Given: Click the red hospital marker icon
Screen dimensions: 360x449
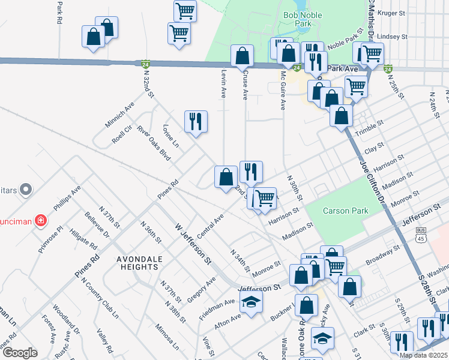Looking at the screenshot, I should [40, 221].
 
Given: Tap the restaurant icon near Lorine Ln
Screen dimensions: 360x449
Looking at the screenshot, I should [196, 122].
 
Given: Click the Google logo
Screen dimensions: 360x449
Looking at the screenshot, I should [20, 353].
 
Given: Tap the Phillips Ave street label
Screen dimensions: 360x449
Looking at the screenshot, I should [67, 199].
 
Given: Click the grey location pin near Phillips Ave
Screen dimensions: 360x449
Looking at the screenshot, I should [25, 190].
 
